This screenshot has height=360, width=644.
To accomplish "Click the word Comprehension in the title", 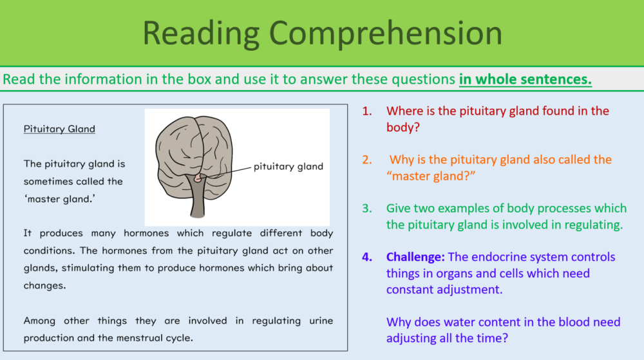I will tap(386, 33).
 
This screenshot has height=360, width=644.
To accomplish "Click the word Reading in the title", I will tap(200, 33).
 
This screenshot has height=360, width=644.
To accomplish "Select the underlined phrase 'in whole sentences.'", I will tap(525, 80).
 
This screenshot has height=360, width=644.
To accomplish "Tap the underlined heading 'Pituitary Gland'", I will tap(59, 129).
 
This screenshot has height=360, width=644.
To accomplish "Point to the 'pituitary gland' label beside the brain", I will tap(288, 167).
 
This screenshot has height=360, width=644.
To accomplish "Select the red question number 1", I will tap(367, 111).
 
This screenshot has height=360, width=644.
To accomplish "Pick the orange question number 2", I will tap(367, 160).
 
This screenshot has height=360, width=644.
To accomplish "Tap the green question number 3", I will tap(367, 209).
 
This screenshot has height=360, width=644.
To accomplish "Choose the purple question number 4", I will tap(367, 257).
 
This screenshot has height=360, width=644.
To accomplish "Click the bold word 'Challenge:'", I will tap(415, 257).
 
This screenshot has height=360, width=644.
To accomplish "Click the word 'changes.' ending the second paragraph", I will tap(44, 285).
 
